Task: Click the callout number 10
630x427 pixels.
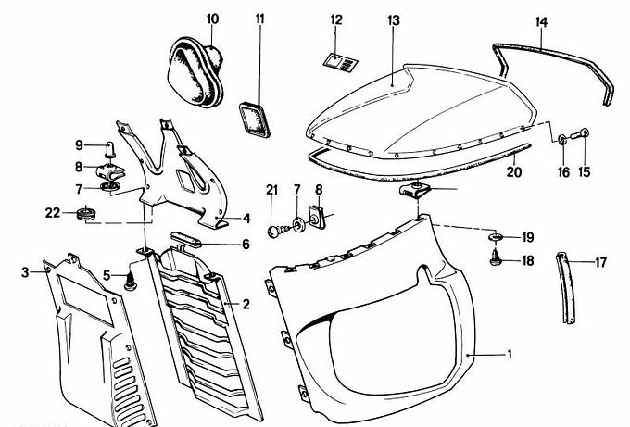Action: click(213, 18)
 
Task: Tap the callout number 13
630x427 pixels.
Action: click(394, 19)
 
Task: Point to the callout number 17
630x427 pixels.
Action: click(600, 262)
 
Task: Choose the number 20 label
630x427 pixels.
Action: click(515, 170)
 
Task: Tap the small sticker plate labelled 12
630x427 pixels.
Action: click(336, 61)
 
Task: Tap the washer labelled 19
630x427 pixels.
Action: click(496, 238)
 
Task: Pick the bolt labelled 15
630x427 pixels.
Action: click(586, 133)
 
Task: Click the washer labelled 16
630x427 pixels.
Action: click(562, 138)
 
